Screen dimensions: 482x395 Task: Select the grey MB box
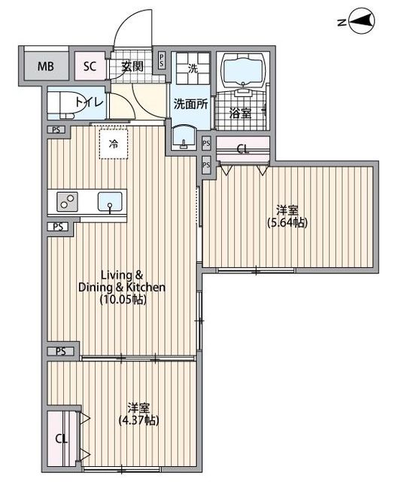point(46,66)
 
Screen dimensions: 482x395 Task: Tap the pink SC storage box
point(90,66)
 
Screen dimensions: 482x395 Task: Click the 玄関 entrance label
point(132,66)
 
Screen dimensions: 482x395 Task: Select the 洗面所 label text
point(190,104)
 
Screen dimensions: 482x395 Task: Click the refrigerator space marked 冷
point(114,142)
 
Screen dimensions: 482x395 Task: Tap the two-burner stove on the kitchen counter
point(66,202)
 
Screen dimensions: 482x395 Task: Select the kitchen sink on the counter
point(111,202)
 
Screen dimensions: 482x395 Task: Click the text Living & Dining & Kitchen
point(122,280)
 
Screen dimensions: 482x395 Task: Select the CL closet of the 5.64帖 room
point(242,148)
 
